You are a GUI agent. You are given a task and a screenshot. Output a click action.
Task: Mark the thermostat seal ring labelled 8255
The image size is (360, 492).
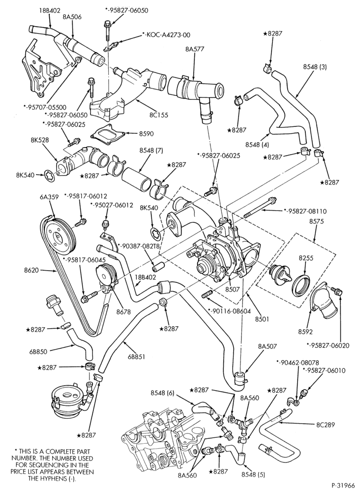tap(301, 285)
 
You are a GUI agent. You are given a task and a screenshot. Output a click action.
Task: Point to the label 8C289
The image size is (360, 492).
tap(326, 425)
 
